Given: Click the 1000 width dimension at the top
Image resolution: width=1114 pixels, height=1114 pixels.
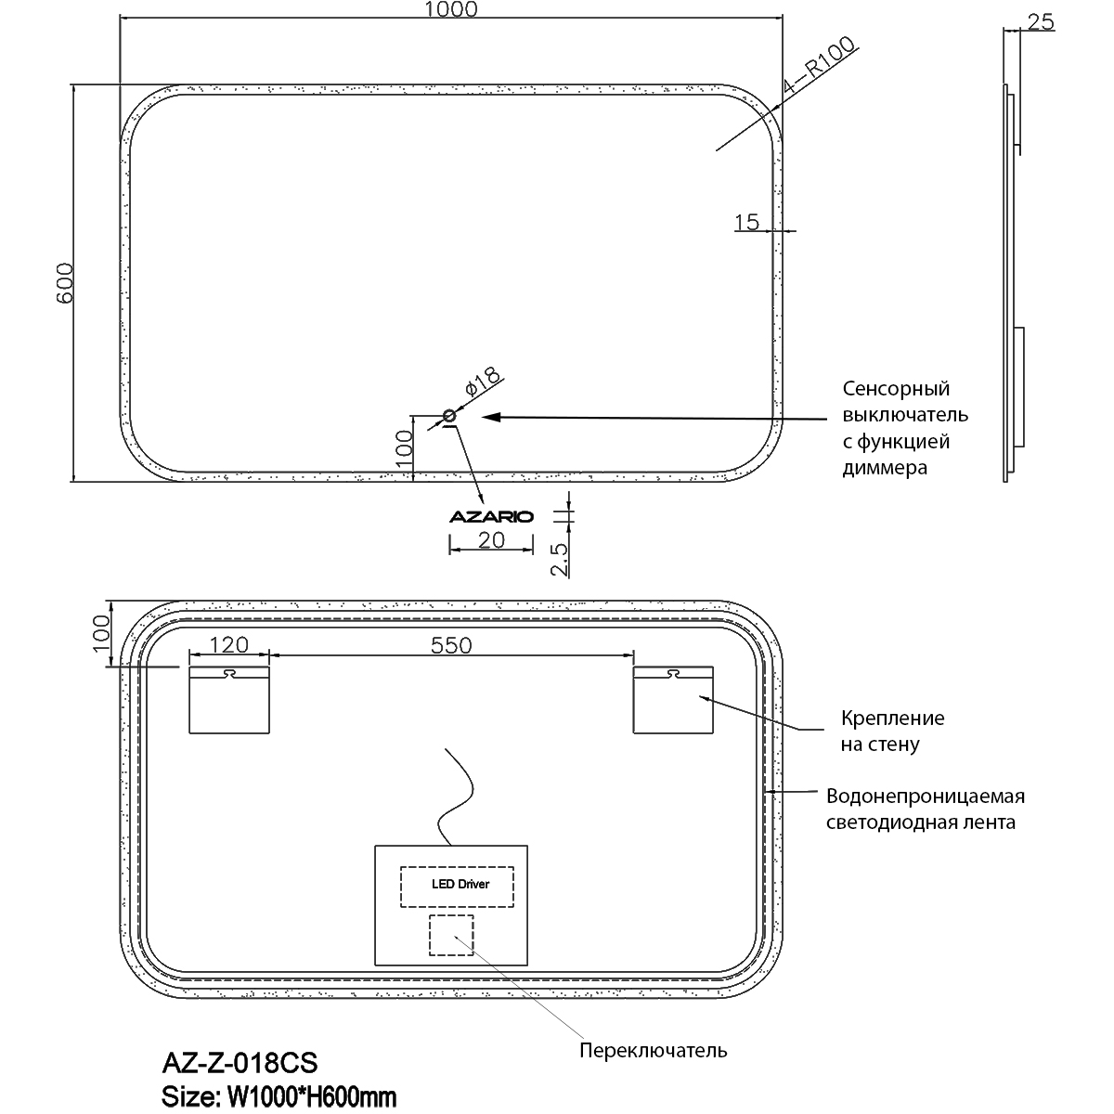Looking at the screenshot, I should (451, 10).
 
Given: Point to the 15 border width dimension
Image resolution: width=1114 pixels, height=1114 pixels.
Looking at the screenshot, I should (746, 222).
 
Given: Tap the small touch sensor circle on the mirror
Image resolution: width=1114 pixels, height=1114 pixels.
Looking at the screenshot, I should (450, 415).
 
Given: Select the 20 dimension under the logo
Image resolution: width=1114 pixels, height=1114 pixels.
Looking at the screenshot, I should (491, 539).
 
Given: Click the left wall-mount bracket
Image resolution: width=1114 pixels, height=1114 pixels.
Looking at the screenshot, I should (229, 699).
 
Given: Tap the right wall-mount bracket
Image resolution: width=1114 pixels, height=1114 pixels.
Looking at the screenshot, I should (673, 699).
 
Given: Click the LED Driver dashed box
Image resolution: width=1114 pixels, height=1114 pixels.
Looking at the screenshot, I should (458, 885).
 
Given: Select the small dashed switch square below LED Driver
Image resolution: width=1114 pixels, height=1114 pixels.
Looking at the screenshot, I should (451, 935).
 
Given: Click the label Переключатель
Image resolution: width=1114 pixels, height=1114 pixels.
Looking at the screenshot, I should (653, 1051).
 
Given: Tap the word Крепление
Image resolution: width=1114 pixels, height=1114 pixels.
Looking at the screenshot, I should (892, 718).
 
